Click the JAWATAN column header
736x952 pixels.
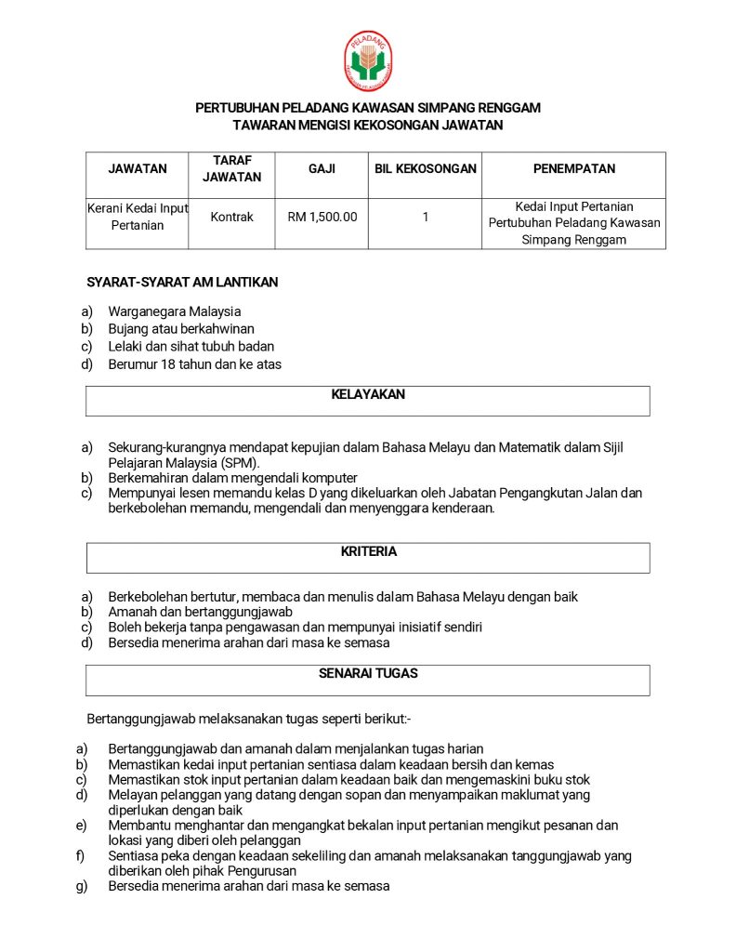138,168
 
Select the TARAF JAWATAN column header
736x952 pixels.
231,168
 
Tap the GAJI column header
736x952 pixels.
322,168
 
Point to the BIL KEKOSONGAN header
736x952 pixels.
425,168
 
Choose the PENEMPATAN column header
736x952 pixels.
573,168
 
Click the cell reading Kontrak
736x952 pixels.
231,217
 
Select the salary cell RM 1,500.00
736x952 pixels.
322,217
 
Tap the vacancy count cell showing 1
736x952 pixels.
425,217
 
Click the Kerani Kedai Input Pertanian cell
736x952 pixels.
138,217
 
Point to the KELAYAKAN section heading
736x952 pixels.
368,394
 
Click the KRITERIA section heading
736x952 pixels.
368,551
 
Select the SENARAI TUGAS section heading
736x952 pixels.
368,673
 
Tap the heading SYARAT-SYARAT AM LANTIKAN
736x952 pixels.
182,282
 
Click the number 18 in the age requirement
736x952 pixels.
168,364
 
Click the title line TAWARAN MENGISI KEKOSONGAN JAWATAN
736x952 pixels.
368,125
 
